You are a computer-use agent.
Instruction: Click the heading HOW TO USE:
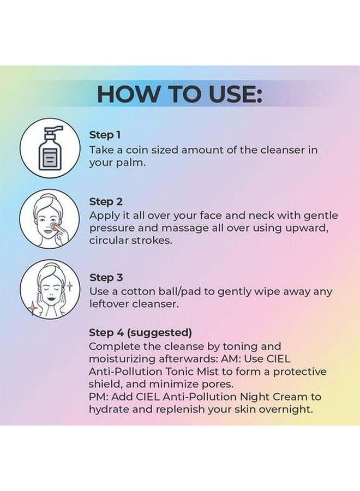pos(179,94)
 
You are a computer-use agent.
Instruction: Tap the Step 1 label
pos(105,135)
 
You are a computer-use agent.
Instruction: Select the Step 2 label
pos(106,202)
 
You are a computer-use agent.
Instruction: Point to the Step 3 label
pos(106,278)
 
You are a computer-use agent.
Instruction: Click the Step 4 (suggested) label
pos(140,332)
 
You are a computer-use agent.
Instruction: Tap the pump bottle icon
pos(46,148)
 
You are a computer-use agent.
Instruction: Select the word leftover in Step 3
pos(108,304)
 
